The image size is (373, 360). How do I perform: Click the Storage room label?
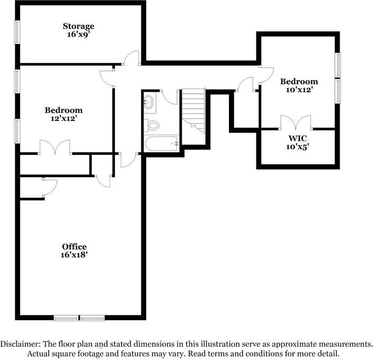point(78,26)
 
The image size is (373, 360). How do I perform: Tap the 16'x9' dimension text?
point(78,34)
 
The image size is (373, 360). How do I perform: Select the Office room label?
point(74,247)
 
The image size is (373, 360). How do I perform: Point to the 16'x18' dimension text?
point(74,254)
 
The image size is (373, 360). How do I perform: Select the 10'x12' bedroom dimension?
point(299,90)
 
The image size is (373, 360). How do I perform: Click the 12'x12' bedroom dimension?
point(64,118)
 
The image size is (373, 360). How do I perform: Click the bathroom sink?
point(148,103)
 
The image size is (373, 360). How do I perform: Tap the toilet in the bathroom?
point(152,126)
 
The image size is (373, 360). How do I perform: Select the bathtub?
point(162,143)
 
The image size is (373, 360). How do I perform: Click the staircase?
point(193,109)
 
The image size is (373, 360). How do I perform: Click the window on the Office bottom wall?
point(79,318)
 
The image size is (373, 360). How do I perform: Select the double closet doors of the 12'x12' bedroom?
point(55,148)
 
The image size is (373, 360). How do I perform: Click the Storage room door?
point(131,58)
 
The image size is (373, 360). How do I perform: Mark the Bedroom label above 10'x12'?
point(299,82)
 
